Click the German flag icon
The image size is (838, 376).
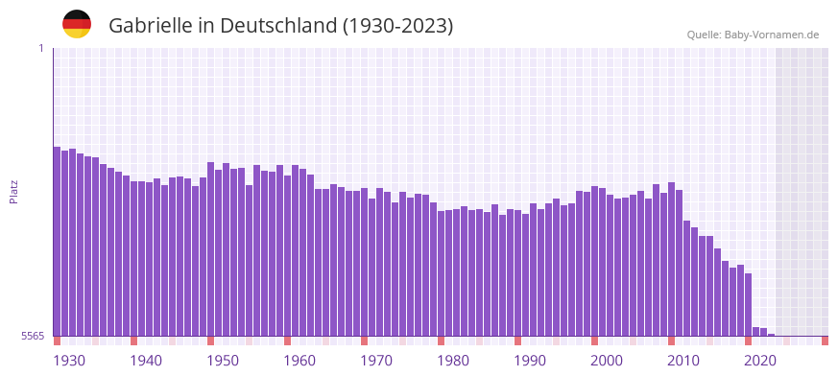(x=77, y=24)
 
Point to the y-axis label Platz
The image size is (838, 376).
(x=13, y=191)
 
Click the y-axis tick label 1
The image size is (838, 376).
(x=40, y=48)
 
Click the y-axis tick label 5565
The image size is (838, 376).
(x=33, y=336)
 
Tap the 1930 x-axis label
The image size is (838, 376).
(x=69, y=361)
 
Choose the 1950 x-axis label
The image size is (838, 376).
(x=223, y=361)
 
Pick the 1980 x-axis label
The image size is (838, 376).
(x=453, y=361)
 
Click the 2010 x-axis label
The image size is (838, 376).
(x=683, y=361)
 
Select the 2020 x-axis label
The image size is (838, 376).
(x=760, y=361)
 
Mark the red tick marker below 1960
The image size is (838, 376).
(x=287, y=341)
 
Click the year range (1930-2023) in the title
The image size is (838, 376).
(x=397, y=26)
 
